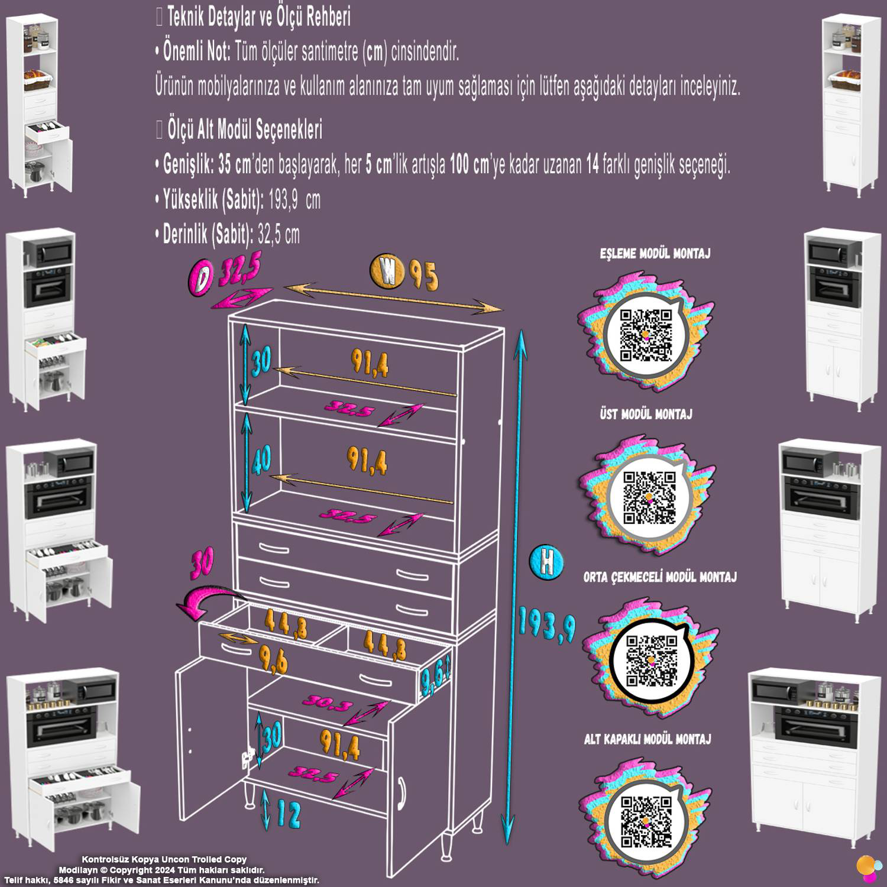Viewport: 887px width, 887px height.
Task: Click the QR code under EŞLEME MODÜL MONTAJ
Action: (x=645, y=335)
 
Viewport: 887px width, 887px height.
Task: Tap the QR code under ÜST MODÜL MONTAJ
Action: (x=650, y=497)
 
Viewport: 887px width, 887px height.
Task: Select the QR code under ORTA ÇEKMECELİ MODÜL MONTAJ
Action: (x=651, y=661)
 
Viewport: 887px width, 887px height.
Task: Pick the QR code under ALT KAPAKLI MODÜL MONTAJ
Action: (x=646, y=823)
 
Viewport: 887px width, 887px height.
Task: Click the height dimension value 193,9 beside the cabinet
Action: (x=547, y=624)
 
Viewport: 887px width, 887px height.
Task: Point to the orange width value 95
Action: (x=423, y=274)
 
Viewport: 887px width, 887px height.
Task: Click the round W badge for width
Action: (x=387, y=271)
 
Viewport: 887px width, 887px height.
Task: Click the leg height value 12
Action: (x=288, y=815)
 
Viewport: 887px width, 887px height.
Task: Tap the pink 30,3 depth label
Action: (x=328, y=704)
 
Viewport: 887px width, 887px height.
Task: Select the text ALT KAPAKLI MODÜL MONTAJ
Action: (x=647, y=739)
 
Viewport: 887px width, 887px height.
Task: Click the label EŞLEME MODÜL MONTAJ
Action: (x=655, y=254)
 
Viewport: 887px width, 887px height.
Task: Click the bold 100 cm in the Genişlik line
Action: (x=469, y=166)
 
